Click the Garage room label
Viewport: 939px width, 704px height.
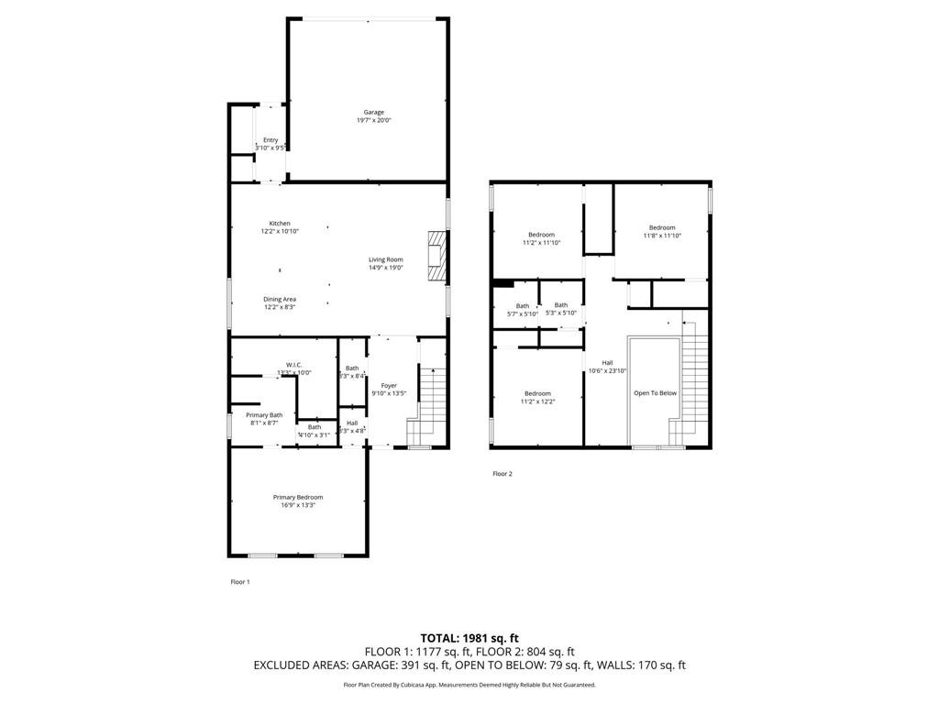[373, 112]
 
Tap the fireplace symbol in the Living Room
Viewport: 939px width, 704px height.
[436, 255]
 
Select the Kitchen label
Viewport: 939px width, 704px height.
[280, 224]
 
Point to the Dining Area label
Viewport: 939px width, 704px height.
[280, 299]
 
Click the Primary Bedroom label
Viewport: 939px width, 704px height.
[298, 497]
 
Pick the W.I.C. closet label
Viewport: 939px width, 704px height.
[294, 364]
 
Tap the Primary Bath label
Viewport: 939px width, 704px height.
[264, 414]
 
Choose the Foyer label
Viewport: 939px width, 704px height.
[390, 385]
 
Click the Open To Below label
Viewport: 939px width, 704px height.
[655, 392]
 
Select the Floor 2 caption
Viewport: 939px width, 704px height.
[503, 474]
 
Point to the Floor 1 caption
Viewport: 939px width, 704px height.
[239, 581]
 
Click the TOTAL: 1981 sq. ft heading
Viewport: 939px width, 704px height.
[469, 638]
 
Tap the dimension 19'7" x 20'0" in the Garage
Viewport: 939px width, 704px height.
[373, 120]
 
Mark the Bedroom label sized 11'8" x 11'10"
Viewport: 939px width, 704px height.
[662, 227]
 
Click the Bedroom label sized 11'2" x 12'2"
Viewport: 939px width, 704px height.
[537, 393]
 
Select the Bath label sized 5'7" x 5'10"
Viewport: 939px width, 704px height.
[523, 305]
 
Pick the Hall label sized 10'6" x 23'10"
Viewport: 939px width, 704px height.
[607, 362]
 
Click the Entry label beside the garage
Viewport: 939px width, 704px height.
[271, 139]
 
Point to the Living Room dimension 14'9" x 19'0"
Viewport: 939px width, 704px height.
[386, 268]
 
